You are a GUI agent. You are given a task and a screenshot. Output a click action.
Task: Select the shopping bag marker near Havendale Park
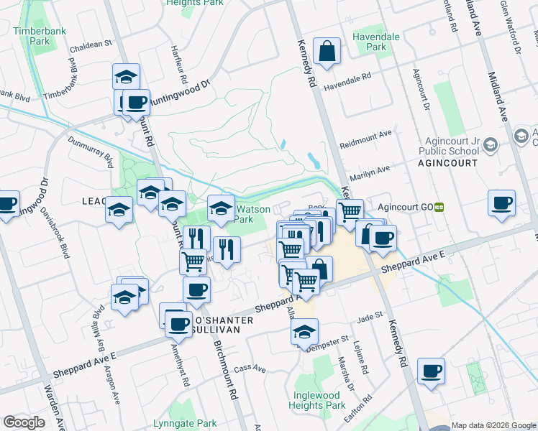pos(327,52)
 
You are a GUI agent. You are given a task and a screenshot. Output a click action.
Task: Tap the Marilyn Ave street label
pos(368,172)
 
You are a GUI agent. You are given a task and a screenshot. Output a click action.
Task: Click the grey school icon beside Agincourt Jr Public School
pos(491,146)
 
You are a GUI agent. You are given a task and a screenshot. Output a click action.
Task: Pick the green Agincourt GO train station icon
pos(439,207)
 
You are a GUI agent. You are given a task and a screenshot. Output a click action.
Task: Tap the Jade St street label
pos(368,315)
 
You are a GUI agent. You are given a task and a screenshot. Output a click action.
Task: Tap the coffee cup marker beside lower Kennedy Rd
pos(431,371)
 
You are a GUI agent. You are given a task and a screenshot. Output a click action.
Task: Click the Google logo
pos(24,422)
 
